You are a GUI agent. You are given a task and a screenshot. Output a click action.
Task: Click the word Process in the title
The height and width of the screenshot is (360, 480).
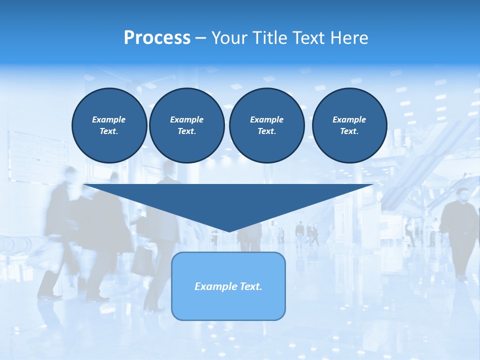(x=157, y=38)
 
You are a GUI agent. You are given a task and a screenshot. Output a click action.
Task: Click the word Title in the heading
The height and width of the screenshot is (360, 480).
(x=270, y=38)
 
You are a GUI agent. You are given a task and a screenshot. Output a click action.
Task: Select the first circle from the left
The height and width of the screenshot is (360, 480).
(x=109, y=125)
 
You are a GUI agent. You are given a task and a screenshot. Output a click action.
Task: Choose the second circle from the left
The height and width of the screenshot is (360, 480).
(x=186, y=125)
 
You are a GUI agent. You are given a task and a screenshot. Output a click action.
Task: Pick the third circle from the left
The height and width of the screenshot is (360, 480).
(x=266, y=125)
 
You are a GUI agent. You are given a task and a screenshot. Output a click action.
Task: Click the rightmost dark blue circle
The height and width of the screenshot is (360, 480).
(x=349, y=125)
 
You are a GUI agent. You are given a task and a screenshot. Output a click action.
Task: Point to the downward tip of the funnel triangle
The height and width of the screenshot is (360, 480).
(x=229, y=231)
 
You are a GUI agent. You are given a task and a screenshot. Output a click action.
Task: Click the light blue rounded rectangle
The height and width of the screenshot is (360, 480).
(x=228, y=305)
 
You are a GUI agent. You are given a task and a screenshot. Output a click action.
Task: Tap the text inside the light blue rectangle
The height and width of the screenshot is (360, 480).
(x=228, y=286)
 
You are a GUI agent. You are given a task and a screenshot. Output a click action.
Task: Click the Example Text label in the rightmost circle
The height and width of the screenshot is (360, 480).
(x=349, y=125)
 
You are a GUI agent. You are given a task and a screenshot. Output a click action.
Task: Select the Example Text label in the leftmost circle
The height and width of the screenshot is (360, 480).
(x=109, y=125)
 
